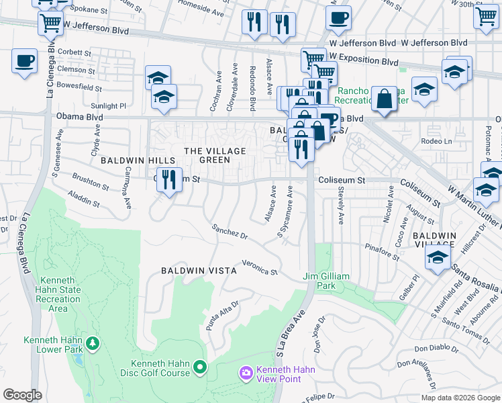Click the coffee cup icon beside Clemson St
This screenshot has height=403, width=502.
(24, 62)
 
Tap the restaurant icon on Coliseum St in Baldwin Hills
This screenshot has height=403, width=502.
(169, 179)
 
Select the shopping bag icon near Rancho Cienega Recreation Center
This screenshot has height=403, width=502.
(386, 100)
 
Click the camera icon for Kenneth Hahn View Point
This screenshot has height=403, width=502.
(246, 372)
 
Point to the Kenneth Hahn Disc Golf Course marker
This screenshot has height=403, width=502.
(199, 367)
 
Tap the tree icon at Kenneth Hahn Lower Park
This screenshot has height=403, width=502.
(91, 345)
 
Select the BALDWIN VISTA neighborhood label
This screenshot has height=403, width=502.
(199, 271)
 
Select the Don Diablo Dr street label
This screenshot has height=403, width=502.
(435, 349)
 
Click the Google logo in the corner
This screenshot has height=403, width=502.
(23, 394)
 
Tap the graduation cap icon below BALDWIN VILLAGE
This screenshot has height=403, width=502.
(438, 259)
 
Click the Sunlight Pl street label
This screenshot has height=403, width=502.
(109, 106)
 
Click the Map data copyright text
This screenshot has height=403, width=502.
(460, 397)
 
